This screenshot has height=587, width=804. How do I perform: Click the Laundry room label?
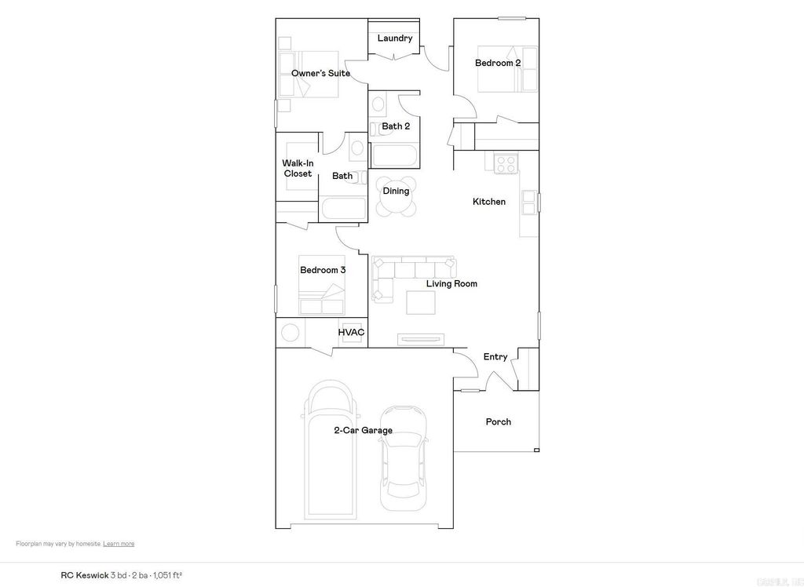click(x=394, y=38)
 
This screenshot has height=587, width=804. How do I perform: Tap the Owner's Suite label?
click(x=320, y=74)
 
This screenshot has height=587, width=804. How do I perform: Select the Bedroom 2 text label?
click(x=498, y=63)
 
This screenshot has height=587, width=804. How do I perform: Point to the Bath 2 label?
click(x=396, y=126)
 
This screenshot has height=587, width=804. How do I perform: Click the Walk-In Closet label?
click(x=298, y=169)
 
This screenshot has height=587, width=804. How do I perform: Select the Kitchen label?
click(x=489, y=202)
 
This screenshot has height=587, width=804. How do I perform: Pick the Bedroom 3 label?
click(x=323, y=271)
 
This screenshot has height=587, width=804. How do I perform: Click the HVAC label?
click(x=351, y=333)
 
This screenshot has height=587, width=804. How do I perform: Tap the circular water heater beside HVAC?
click(x=291, y=333)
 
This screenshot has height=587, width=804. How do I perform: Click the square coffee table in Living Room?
click(x=420, y=302)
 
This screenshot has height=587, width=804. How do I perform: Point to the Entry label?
click(x=495, y=358)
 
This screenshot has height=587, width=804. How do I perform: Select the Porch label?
click(x=498, y=422)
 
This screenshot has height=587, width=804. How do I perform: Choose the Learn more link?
click(x=119, y=544)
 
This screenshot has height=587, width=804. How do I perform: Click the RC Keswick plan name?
click(x=85, y=575)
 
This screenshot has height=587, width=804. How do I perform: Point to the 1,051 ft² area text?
click(x=167, y=575)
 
